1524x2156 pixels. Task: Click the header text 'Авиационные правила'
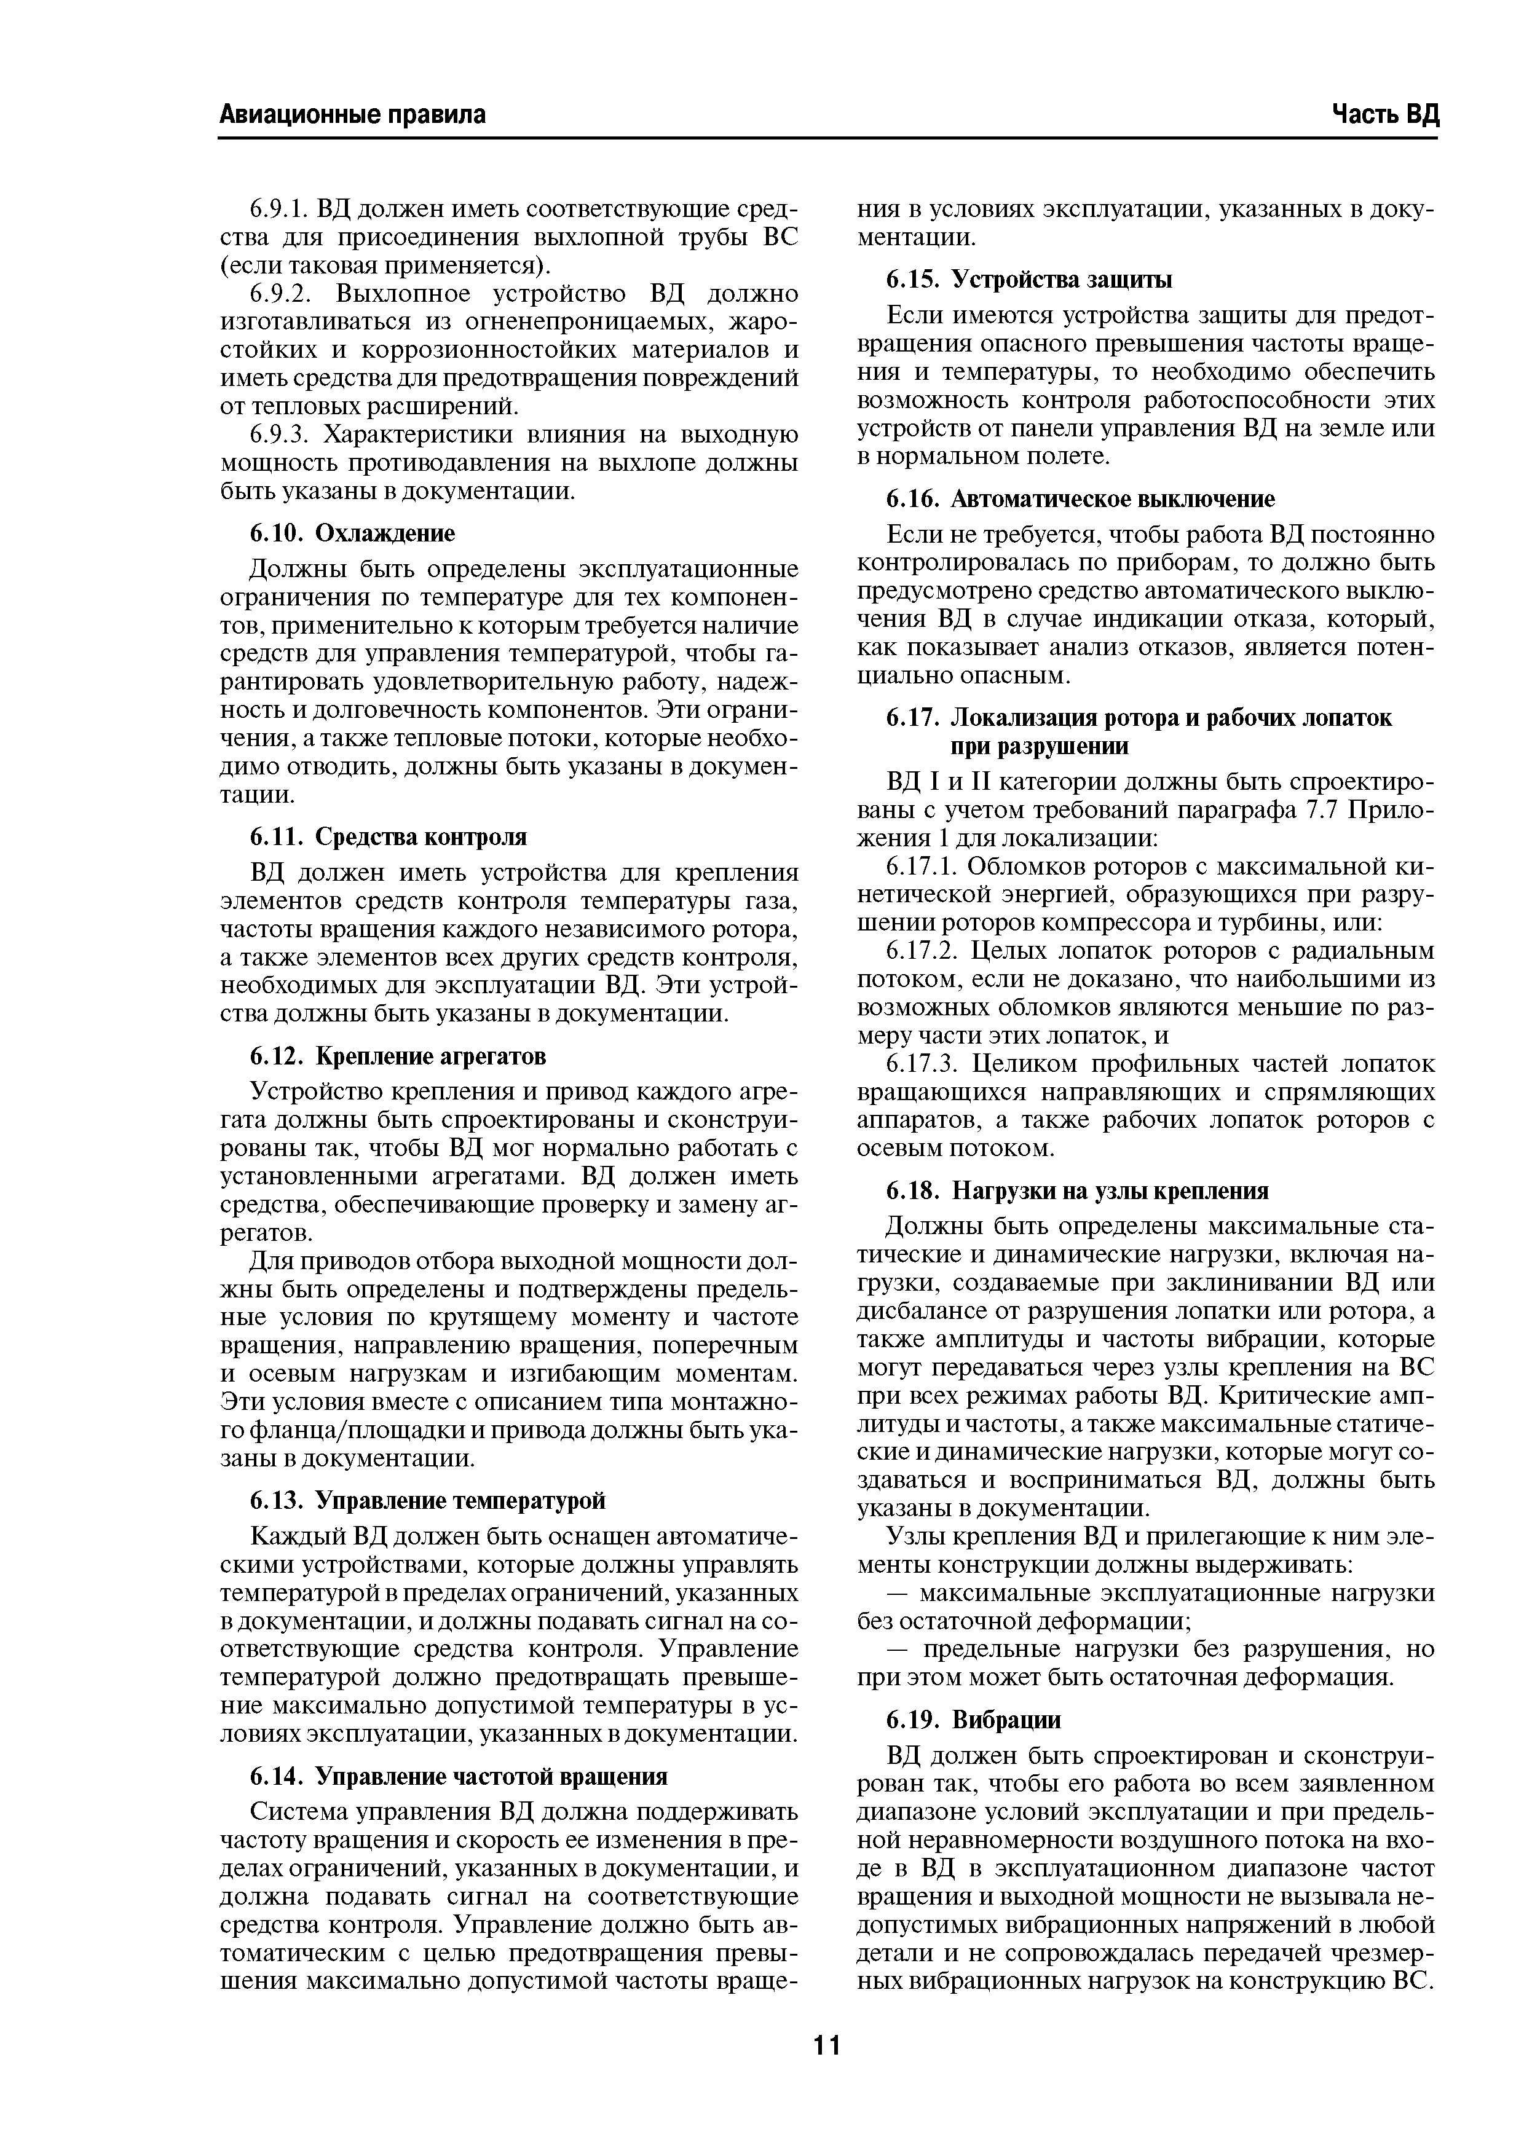352,114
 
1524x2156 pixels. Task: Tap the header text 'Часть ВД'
1384,114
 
